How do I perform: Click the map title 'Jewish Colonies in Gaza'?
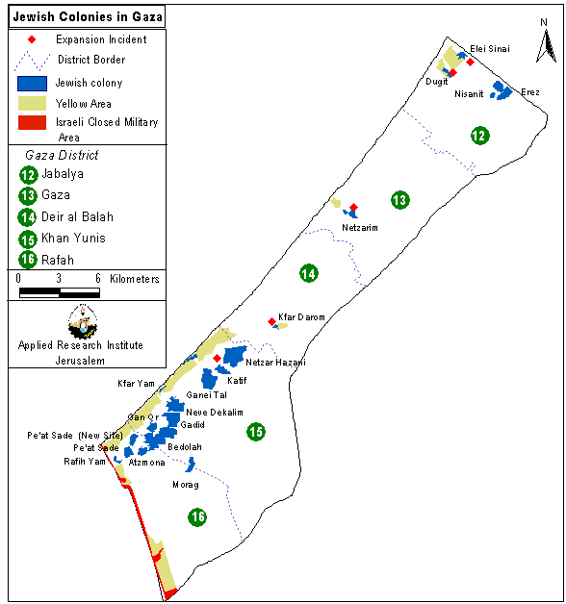[x=88, y=17]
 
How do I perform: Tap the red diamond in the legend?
[x=32, y=39]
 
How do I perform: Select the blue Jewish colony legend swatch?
[x=32, y=84]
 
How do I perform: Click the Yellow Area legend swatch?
[x=32, y=103]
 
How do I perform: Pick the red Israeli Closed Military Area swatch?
[x=32, y=122]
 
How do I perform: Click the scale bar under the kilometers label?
[x=60, y=292]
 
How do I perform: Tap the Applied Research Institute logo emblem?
[x=83, y=322]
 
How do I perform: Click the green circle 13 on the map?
[x=399, y=200]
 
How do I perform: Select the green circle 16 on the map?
[x=197, y=516]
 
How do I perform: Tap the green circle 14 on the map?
[x=309, y=273]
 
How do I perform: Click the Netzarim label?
[x=360, y=228]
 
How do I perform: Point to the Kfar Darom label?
[x=301, y=317]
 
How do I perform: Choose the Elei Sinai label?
[x=490, y=49]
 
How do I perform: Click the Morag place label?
[x=186, y=485]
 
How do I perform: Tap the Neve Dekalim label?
[x=215, y=413]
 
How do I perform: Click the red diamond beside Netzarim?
[x=353, y=207]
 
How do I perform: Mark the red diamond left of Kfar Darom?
[x=271, y=321]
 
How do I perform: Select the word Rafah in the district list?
[x=58, y=260]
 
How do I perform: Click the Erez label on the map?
[x=530, y=92]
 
